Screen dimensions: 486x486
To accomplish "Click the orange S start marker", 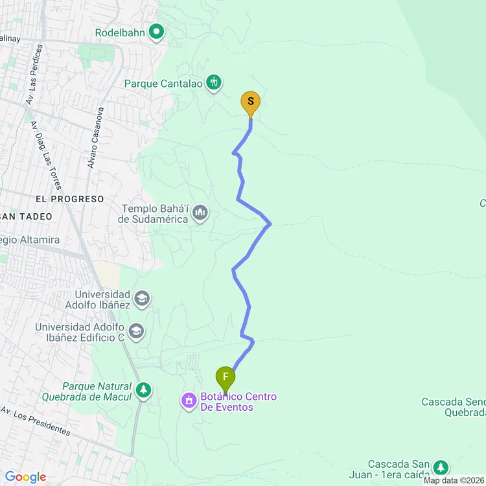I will point(251,102).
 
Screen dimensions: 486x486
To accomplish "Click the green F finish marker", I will point(226,377).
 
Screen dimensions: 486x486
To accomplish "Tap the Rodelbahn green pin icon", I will point(156,31).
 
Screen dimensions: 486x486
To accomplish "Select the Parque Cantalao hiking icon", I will point(214,83).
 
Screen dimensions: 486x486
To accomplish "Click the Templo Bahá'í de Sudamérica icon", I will point(200,213).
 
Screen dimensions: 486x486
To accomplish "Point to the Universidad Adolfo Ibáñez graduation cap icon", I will point(142,299).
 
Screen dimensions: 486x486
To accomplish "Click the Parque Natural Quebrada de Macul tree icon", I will point(143,391).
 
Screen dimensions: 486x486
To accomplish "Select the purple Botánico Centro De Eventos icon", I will point(189,402).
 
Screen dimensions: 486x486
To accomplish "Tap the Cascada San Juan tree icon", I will point(441,467).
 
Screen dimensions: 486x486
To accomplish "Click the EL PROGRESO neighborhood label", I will point(70,199).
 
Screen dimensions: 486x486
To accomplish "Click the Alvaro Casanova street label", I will point(96,138).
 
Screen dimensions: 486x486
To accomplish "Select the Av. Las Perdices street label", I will point(36,75).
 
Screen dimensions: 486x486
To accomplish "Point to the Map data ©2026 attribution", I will point(454,480).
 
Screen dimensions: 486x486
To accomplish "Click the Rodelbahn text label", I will point(119,32).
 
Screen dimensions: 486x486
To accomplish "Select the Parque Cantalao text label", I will point(163,84).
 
